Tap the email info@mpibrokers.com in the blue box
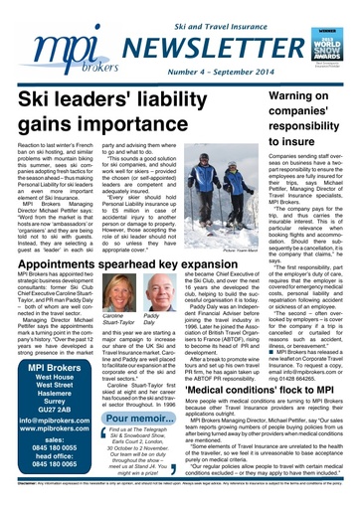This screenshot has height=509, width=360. click(x=52, y=396)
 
